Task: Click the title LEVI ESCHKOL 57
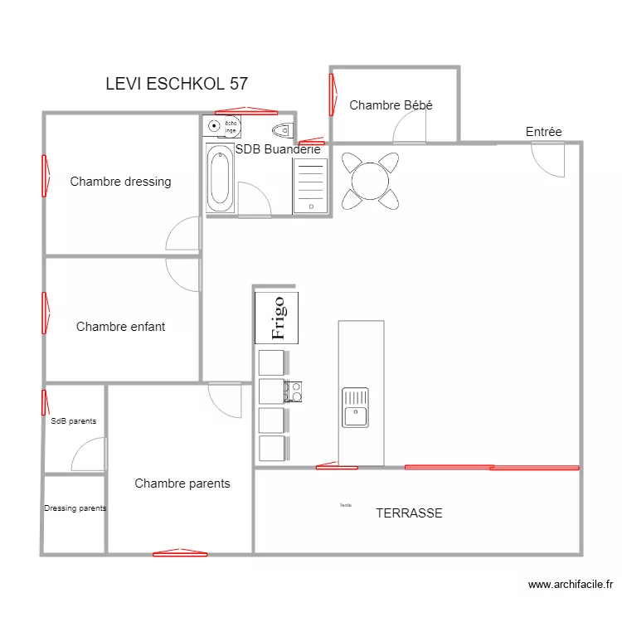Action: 177,84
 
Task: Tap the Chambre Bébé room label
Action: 391,105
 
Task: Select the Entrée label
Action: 543,132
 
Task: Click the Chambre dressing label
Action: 120,182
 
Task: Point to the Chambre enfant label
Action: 120,327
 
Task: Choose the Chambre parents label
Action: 182,484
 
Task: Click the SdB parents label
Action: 73,421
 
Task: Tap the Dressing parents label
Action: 75,508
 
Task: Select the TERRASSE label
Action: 409,513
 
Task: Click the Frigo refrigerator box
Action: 277,318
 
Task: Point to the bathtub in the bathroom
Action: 220,179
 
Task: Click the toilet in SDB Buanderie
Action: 283,129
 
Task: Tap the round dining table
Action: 370,180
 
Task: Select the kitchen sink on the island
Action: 355,406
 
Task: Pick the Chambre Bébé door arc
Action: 410,127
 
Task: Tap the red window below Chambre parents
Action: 180,552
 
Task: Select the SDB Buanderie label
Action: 278,150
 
